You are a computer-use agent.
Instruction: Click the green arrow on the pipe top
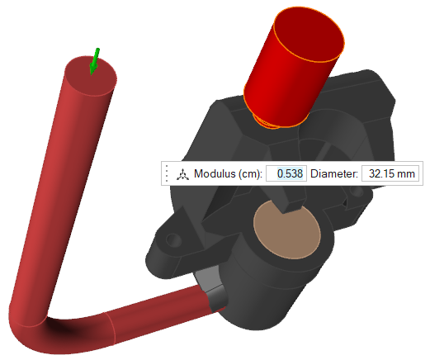[x=94, y=62]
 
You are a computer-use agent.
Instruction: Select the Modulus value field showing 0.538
[x=286, y=173]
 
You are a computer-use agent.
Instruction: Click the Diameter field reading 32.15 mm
[x=390, y=173]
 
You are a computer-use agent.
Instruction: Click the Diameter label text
[x=334, y=173]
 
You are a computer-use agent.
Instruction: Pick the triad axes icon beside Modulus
[x=182, y=174]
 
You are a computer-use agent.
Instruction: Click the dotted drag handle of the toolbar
[x=167, y=173]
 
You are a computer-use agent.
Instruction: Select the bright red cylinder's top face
[x=310, y=34]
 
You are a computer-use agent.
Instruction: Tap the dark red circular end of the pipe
[x=90, y=76]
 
